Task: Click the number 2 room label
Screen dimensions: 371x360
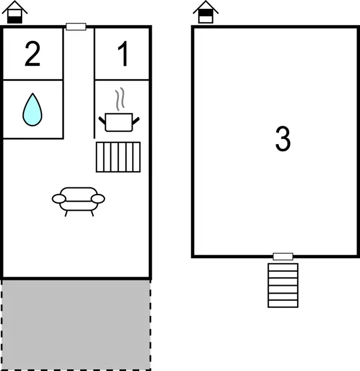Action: tap(32, 55)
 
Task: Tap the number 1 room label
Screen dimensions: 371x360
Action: tap(122, 55)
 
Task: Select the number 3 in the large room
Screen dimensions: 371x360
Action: tap(283, 139)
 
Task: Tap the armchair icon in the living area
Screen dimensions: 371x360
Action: tap(79, 200)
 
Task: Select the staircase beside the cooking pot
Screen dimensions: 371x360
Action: tap(118, 157)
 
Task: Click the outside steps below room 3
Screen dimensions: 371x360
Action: tap(283, 285)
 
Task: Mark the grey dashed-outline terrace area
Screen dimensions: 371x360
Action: tap(76, 324)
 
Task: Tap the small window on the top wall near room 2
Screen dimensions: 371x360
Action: tap(76, 26)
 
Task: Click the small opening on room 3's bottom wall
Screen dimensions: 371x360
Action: tap(283, 256)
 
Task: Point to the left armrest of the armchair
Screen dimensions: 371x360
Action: tap(59, 198)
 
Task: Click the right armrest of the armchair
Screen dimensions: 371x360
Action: tap(98, 198)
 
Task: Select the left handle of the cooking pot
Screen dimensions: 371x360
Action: tap(103, 119)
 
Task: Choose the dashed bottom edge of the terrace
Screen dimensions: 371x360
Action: tap(76, 369)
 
